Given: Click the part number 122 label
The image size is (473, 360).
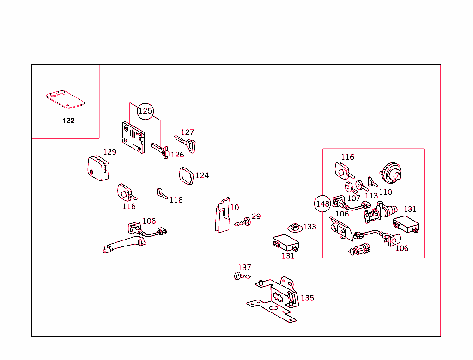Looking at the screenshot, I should coord(68,121).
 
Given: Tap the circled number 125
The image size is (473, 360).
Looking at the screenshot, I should coord(146,111).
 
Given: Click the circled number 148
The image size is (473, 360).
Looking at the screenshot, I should coord(322,204).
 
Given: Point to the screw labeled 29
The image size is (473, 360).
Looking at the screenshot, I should coord(243,222).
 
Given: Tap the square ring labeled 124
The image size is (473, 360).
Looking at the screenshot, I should coord(186,176).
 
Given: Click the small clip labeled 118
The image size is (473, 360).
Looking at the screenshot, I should coord(161,193).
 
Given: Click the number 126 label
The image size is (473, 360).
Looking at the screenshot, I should coord(177,155).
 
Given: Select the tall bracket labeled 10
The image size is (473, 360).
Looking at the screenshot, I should coord(223,215).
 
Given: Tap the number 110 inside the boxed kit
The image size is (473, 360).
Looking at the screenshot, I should coord(385,192).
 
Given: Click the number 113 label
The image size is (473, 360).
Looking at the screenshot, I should coord(371,196).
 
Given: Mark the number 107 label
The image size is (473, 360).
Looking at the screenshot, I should coord(353,198).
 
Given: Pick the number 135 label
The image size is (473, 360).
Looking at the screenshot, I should coord(307,298).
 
